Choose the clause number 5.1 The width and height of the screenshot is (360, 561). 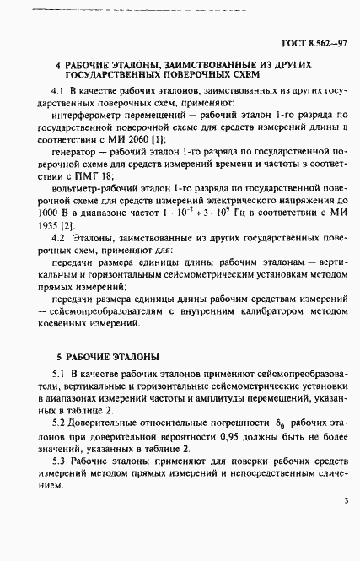tap(59, 374)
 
